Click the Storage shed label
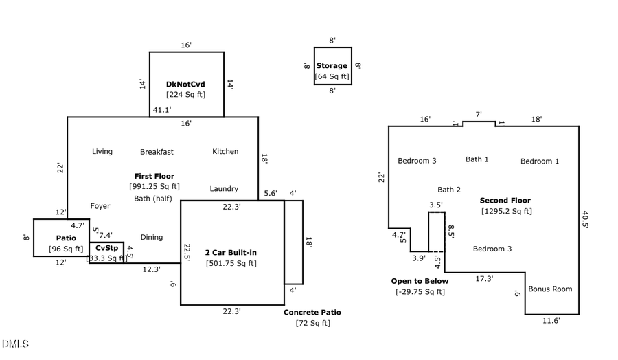pos(332,66)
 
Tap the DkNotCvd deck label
pos(185,85)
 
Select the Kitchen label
pos(225,151)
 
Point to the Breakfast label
pos(157,152)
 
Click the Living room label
pos(102,151)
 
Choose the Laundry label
pos(224,188)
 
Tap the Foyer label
pos(100,206)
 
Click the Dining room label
pos(152,237)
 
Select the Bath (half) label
pos(153,199)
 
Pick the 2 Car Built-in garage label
pos(231,253)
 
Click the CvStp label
pos(106,248)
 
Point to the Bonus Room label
pos(550,289)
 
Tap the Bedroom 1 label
pos(540,161)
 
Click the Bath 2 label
pos(449,190)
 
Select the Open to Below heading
pos(420,281)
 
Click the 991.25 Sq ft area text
pos(154,186)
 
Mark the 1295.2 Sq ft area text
pos(506,211)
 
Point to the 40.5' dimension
pos(585,219)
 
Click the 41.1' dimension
pos(162,110)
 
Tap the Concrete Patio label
pos(312,312)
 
